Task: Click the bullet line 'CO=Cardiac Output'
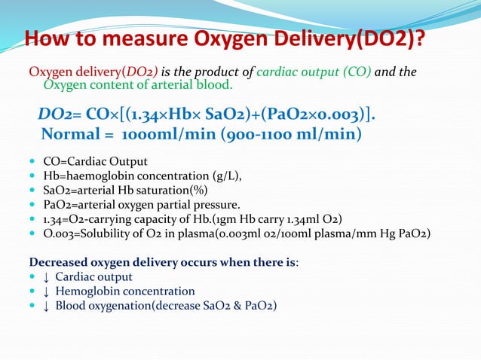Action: pyautogui.click(x=95, y=162)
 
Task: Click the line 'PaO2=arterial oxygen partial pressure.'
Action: pyautogui.click(x=142, y=205)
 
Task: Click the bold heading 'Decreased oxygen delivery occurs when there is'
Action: pyautogui.click(x=162, y=263)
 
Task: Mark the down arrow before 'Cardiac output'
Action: pyautogui.click(x=47, y=277)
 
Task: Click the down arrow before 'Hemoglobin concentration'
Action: pyautogui.click(x=47, y=291)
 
